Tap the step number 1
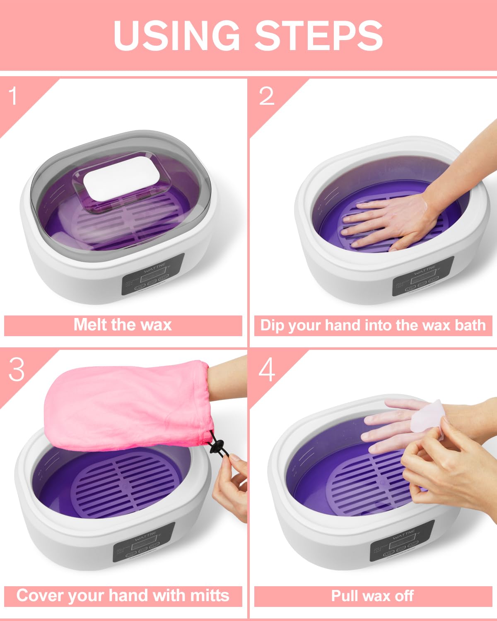pos(14,96)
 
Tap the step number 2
pos(267,96)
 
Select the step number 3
pos(17,369)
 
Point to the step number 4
pos(267,369)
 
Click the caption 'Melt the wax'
pos(123,325)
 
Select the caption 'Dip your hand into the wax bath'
pos(373,325)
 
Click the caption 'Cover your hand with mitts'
pos(123,596)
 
